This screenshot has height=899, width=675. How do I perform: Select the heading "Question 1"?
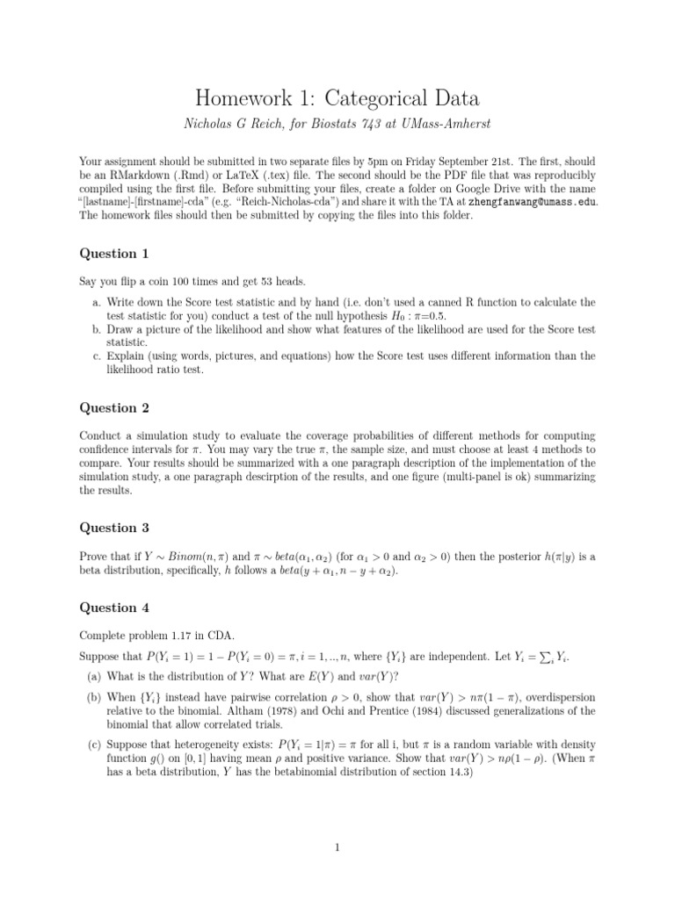(114, 254)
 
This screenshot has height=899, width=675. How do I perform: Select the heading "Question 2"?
(114, 407)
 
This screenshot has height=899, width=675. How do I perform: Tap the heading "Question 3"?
(114, 528)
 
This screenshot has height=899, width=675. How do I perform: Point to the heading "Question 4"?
(114, 608)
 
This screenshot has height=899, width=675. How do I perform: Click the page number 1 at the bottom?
(337, 848)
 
